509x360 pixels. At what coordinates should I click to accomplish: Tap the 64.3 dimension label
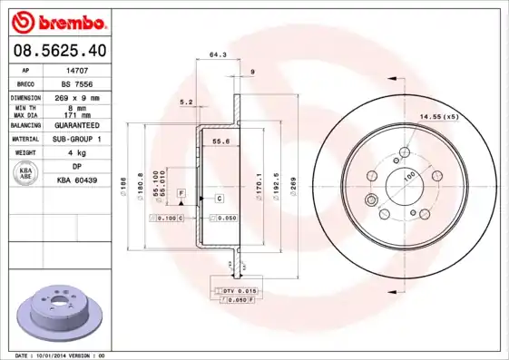(x=217, y=55)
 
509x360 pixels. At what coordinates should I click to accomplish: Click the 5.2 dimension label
(x=187, y=102)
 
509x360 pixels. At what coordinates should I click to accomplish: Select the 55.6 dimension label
(x=220, y=141)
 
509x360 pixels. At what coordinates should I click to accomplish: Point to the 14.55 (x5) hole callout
(x=438, y=117)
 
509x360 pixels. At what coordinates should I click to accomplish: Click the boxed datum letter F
(x=181, y=195)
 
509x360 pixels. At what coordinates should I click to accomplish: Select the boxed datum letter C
(x=219, y=197)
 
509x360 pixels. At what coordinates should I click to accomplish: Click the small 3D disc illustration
(x=62, y=311)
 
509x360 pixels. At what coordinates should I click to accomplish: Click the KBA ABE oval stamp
(x=26, y=173)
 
